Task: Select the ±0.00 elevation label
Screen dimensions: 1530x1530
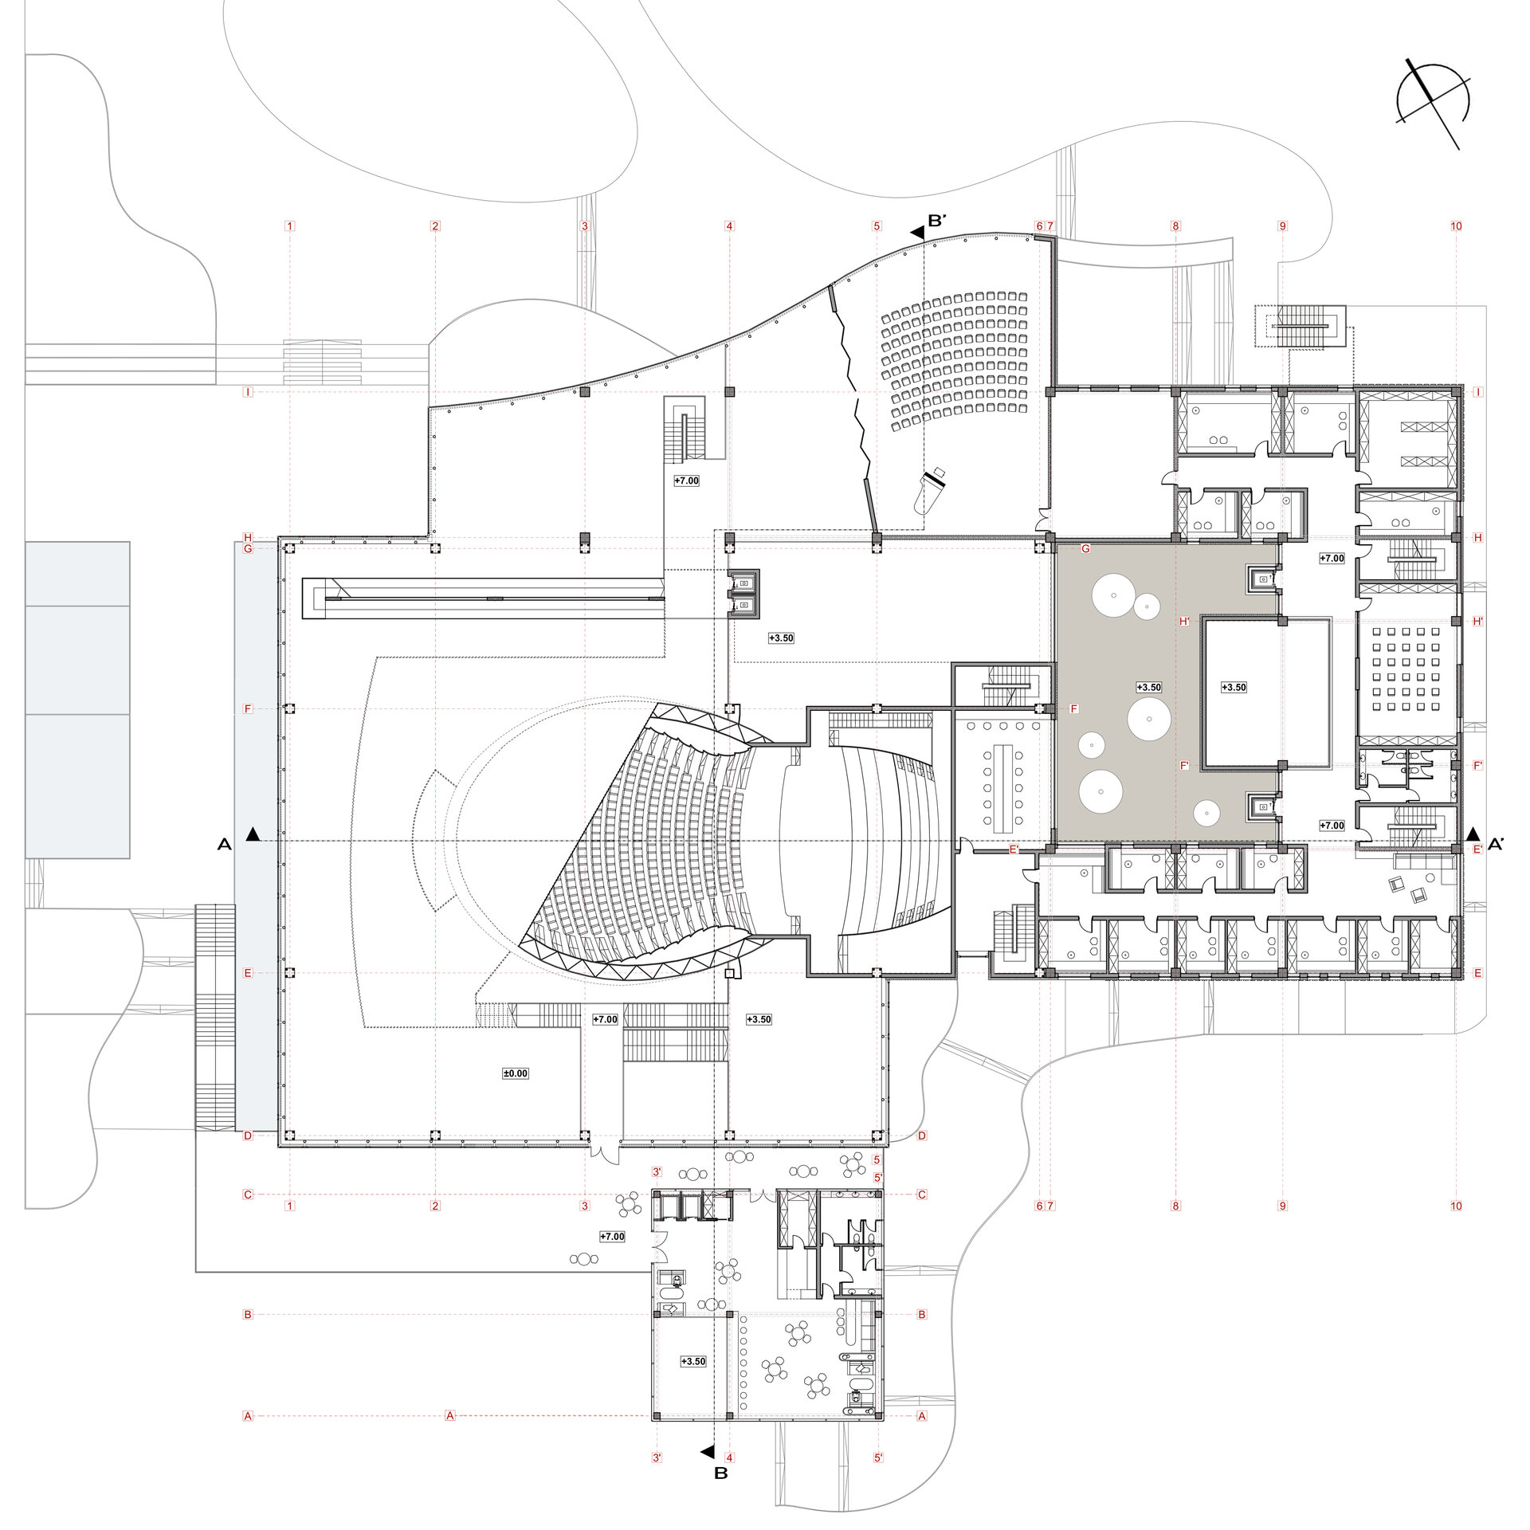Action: coord(516,1073)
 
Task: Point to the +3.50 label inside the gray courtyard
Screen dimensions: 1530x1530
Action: coord(1148,687)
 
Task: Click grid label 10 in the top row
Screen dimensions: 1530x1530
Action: coord(1456,226)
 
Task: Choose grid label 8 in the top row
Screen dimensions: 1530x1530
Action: coord(1175,226)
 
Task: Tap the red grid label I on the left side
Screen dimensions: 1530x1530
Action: coord(249,392)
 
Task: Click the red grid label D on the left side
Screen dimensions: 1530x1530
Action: coord(248,1136)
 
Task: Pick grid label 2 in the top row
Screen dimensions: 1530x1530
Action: coord(435,226)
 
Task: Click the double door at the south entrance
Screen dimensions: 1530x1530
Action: coord(603,1154)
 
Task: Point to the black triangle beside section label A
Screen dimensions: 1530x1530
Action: coord(253,834)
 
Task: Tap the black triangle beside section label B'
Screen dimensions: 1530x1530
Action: coord(917,233)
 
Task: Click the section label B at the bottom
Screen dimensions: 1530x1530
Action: coord(720,1496)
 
